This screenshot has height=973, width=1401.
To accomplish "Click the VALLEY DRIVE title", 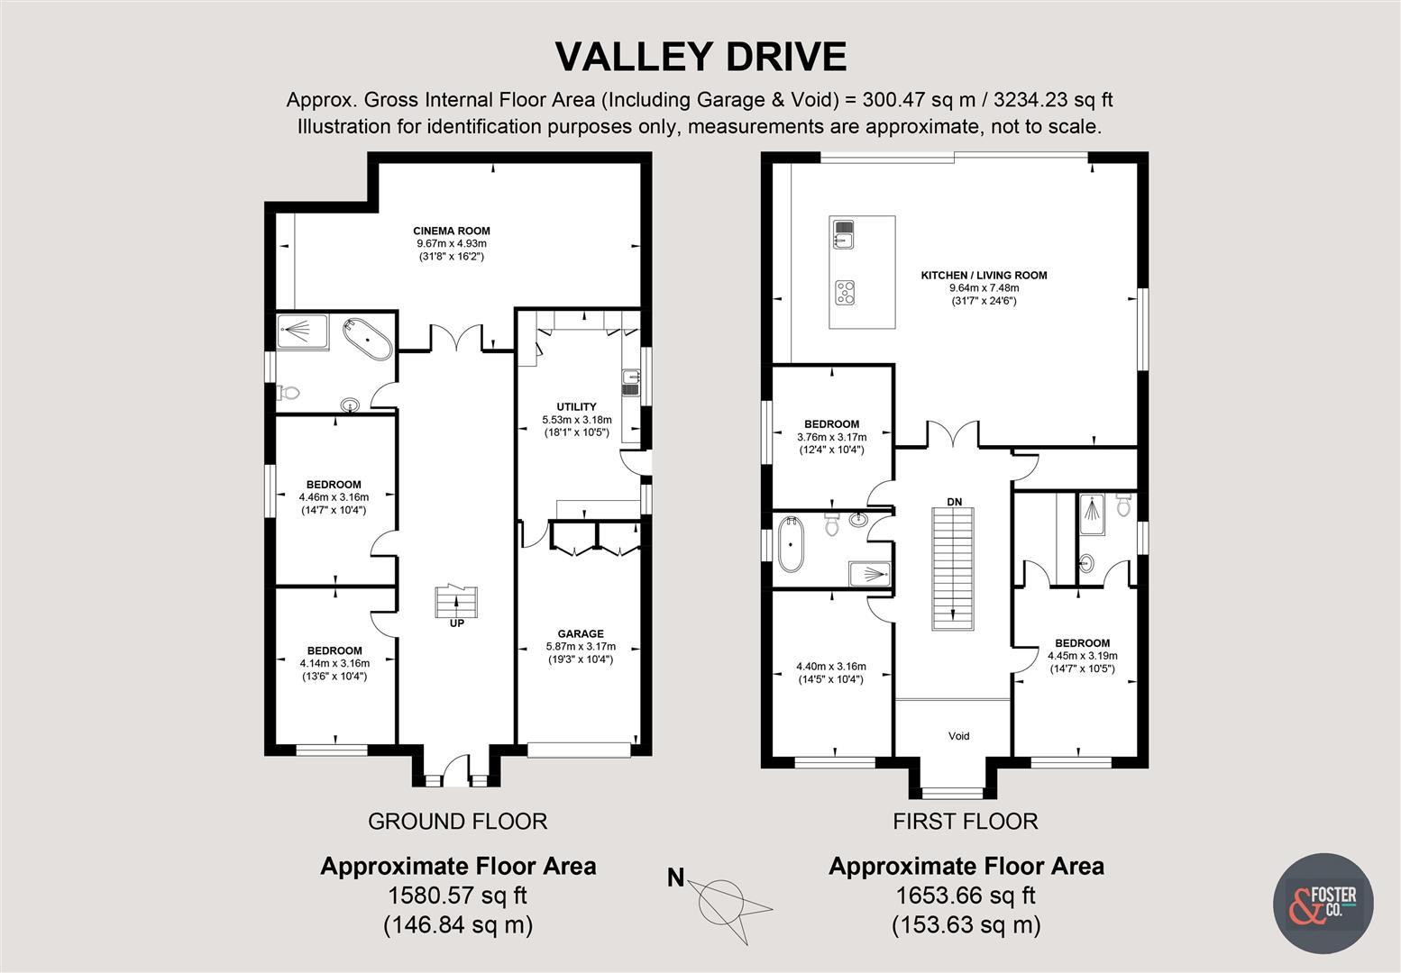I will (x=700, y=56).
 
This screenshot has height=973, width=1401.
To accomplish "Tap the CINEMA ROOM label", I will (x=452, y=231).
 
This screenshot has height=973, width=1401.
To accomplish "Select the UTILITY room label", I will (x=576, y=407).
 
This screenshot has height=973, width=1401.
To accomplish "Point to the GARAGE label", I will (x=580, y=633).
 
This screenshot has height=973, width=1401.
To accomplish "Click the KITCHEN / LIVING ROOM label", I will (x=984, y=275).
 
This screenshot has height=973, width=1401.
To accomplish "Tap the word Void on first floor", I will (x=958, y=736).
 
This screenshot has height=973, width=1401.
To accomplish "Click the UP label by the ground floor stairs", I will (x=456, y=623).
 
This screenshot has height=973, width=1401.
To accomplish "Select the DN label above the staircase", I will (x=954, y=501).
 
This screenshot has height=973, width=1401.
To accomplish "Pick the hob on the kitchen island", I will (x=845, y=291).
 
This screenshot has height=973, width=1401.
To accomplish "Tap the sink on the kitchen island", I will (x=844, y=233).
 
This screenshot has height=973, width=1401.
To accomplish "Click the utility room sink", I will (x=629, y=382).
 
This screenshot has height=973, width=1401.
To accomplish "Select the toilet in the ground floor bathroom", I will (x=288, y=393).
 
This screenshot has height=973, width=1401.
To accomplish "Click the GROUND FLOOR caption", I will (x=457, y=821).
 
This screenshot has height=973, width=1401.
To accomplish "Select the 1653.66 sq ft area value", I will (x=966, y=896).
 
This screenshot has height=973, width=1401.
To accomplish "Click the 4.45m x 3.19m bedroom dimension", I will (x=1082, y=656).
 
